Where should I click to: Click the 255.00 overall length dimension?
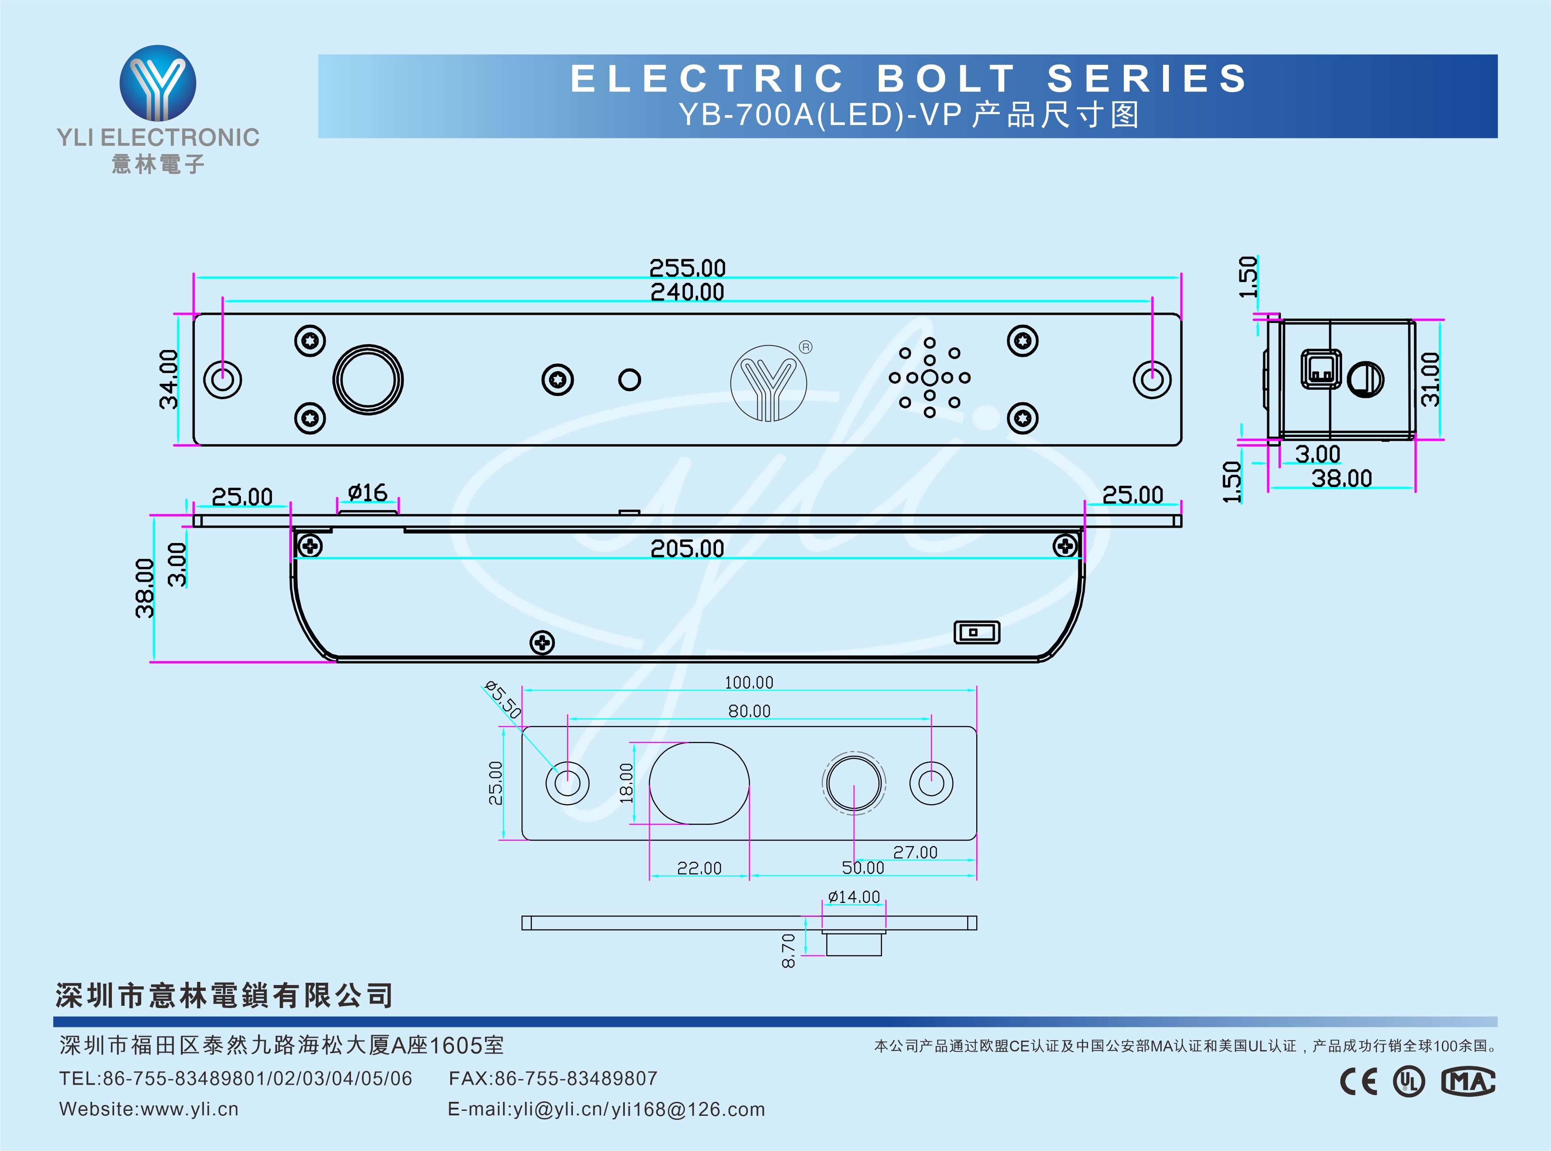click(x=687, y=267)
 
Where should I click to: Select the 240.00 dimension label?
click(x=687, y=292)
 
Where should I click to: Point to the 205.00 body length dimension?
click(x=687, y=549)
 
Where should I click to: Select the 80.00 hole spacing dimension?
click(x=749, y=711)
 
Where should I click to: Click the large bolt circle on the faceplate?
click(x=368, y=380)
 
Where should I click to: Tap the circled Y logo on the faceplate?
click(x=769, y=383)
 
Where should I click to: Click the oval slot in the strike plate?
click(x=699, y=783)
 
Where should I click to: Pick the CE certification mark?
click(x=1359, y=1082)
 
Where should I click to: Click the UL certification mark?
click(x=1409, y=1082)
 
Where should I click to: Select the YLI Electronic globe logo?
click(x=158, y=83)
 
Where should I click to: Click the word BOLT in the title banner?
click(x=946, y=79)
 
